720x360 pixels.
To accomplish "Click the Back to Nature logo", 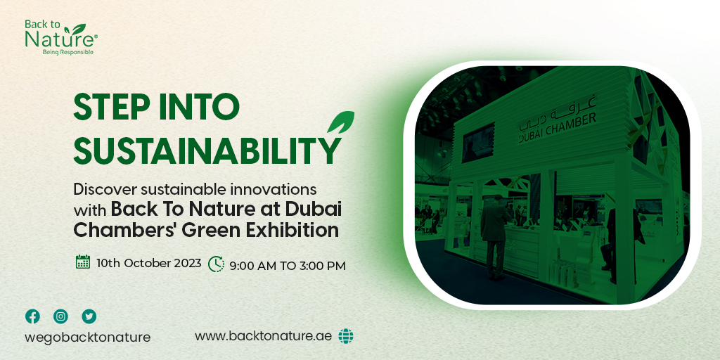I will [x=60, y=37].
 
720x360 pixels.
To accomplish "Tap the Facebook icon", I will [x=32, y=316].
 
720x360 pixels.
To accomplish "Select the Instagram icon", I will [x=61, y=316].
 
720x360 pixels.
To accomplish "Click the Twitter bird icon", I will [x=89, y=316].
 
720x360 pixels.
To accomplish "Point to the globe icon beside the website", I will [x=345, y=336].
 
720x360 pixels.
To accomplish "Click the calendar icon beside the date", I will [x=83, y=262].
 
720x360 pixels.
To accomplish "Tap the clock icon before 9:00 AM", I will [x=216, y=264].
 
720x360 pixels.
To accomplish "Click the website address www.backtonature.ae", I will [x=264, y=336].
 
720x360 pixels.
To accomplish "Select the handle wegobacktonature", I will [x=88, y=337].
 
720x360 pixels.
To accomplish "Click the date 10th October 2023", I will [x=149, y=263].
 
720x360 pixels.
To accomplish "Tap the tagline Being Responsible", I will [x=68, y=52].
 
